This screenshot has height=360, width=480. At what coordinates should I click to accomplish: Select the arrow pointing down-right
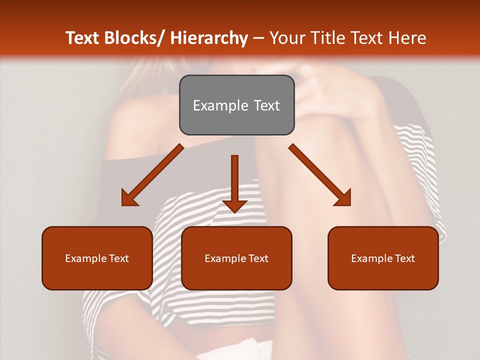pos(320,175)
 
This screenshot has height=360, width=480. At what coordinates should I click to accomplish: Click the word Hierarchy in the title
pos(208,38)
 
